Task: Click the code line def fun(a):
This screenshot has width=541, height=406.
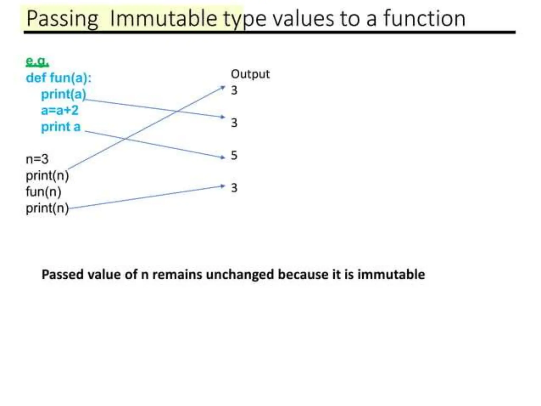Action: (58, 78)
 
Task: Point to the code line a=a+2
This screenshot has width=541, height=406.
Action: (60, 110)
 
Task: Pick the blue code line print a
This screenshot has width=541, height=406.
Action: (61, 127)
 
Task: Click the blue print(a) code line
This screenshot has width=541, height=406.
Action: (63, 94)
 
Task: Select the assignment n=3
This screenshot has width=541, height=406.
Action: (37, 159)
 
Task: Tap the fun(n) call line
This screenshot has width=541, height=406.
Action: (44, 192)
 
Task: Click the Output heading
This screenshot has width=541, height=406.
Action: (250, 74)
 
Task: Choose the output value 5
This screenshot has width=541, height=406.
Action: (234, 155)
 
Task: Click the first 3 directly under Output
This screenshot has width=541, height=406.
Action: (234, 90)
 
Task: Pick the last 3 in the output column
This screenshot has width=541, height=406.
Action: (234, 188)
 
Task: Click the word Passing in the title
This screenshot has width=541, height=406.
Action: (62, 19)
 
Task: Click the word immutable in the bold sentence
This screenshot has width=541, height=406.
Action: (391, 274)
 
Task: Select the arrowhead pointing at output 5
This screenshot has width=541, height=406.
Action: (223, 158)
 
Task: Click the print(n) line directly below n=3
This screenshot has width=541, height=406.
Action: (47, 176)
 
